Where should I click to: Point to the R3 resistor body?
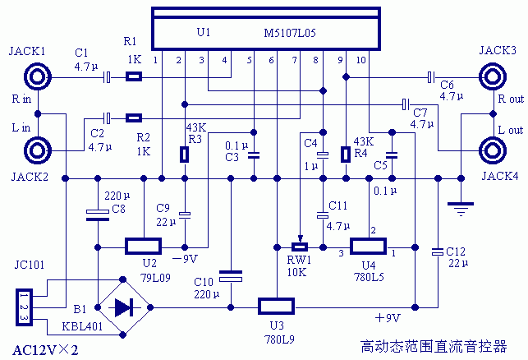pos(186,154)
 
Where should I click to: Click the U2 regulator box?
pos(143,246)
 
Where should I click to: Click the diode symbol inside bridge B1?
pos(124,307)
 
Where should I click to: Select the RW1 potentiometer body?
pos(300,247)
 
